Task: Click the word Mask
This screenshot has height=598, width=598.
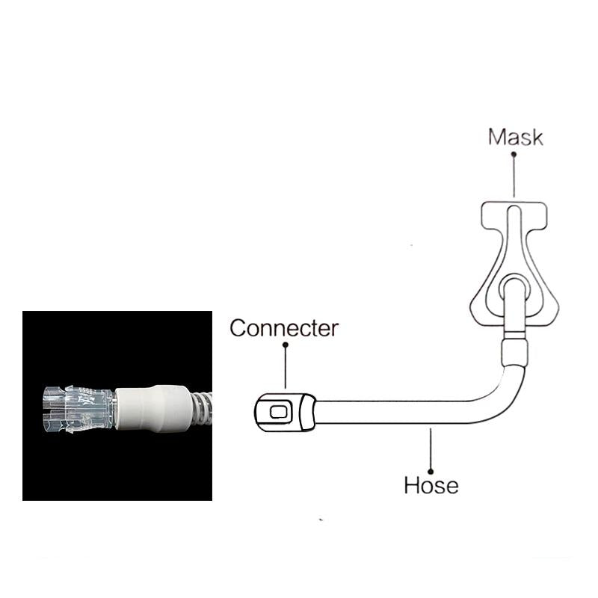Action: coord(515,138)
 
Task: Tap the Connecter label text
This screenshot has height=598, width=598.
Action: coord(284,328)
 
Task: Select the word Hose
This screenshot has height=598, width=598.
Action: coord(431,485)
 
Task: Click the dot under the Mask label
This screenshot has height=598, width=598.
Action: coord(514,155)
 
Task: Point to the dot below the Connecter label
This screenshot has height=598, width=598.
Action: coord(286,345)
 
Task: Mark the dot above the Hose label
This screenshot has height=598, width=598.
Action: coord(431,472)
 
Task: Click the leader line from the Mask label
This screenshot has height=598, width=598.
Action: coord(514,177)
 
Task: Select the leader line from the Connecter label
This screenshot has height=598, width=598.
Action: coord(286,368)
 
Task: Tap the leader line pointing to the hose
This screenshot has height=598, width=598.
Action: coord(431,449)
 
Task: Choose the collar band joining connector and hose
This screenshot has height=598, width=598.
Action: coord(307,413)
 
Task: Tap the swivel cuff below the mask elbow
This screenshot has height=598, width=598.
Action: coord(514,351)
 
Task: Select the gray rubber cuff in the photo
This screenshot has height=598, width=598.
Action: coord(152,408)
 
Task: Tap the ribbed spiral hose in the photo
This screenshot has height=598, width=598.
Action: coord(201,408)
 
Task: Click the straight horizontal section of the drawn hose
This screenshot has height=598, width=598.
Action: coord(393,413)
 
